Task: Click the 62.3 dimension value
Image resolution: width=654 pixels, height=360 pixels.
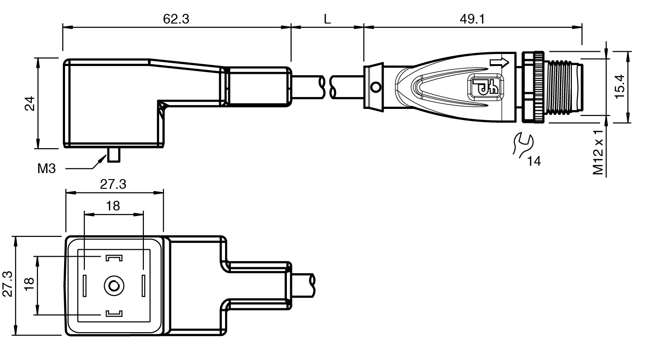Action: click(176, 19)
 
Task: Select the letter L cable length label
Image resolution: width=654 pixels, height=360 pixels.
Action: click(327, 19)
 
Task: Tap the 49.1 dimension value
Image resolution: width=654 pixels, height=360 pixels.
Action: click(472, 19)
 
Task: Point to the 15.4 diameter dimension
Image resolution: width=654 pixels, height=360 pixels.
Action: click(619, 86)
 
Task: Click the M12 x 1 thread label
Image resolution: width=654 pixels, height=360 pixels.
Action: click(598, 152)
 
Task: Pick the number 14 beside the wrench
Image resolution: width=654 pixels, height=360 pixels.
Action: click(534, 161)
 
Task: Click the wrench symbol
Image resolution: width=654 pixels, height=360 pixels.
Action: click(523, 145)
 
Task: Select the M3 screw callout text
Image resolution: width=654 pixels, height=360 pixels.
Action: click(47, 168)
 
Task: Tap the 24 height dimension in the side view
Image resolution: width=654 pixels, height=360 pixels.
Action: click(30, 103)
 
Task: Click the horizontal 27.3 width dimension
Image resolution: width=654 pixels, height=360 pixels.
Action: click(113, 184)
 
